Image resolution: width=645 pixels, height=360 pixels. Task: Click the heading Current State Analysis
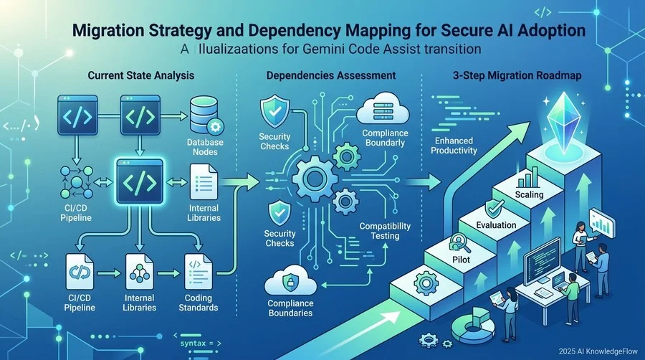point(141,75)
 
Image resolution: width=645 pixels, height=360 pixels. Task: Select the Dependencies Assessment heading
point(331,75)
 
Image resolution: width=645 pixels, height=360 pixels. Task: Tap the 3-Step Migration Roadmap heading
point(517,76)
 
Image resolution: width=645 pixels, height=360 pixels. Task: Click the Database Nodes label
point(205,147)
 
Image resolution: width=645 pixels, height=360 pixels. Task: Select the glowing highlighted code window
point(140,181)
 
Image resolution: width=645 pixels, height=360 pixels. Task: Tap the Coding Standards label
point(199,303)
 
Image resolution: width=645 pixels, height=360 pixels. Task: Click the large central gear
point(315,179)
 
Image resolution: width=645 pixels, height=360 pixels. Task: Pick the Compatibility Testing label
point(385,231)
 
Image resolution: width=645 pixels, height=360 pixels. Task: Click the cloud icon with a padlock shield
point(290,281)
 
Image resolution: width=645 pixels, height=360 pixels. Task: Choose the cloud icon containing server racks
point(383,108)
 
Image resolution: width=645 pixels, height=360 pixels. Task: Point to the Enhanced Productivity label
point(454,146)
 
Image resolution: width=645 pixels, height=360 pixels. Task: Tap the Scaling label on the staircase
point(529,194)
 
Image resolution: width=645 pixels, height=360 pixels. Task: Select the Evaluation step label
point(496,225)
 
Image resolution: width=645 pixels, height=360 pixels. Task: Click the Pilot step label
point(461,260)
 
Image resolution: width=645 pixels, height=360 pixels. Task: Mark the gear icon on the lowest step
point(426,283)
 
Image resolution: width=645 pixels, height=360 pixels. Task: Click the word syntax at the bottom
point(193,343)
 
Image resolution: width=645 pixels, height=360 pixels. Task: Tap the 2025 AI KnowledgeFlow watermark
point(598,351)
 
